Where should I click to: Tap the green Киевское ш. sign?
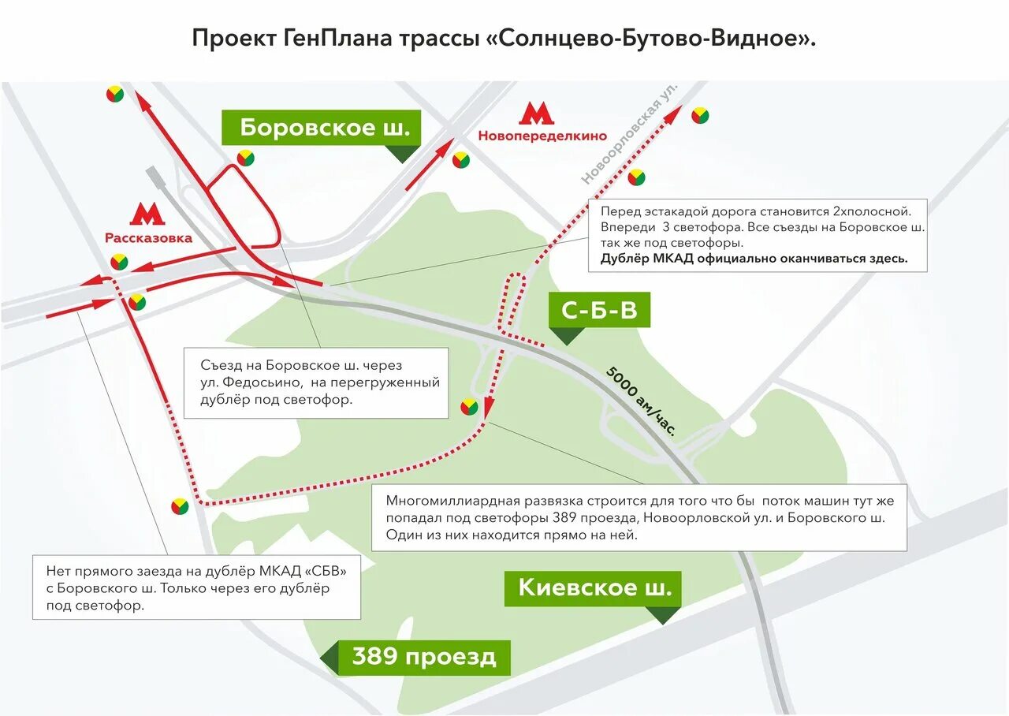coord(593,587)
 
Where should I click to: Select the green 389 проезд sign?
coord(424,657)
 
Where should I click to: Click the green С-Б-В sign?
coord(599,310)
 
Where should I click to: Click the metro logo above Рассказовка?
coord(147,215)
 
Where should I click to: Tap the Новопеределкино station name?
coord(535,136)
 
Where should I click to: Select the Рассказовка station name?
coord(148,238)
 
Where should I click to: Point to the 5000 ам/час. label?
coord(642,401)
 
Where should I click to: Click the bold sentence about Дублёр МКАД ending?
coord(754,258)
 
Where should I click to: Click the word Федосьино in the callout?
coord(322,382)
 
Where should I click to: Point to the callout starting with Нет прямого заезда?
coord(196,587)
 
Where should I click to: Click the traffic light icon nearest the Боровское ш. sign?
coord(246,158)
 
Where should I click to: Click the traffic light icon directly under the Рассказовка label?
coord(119,262)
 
